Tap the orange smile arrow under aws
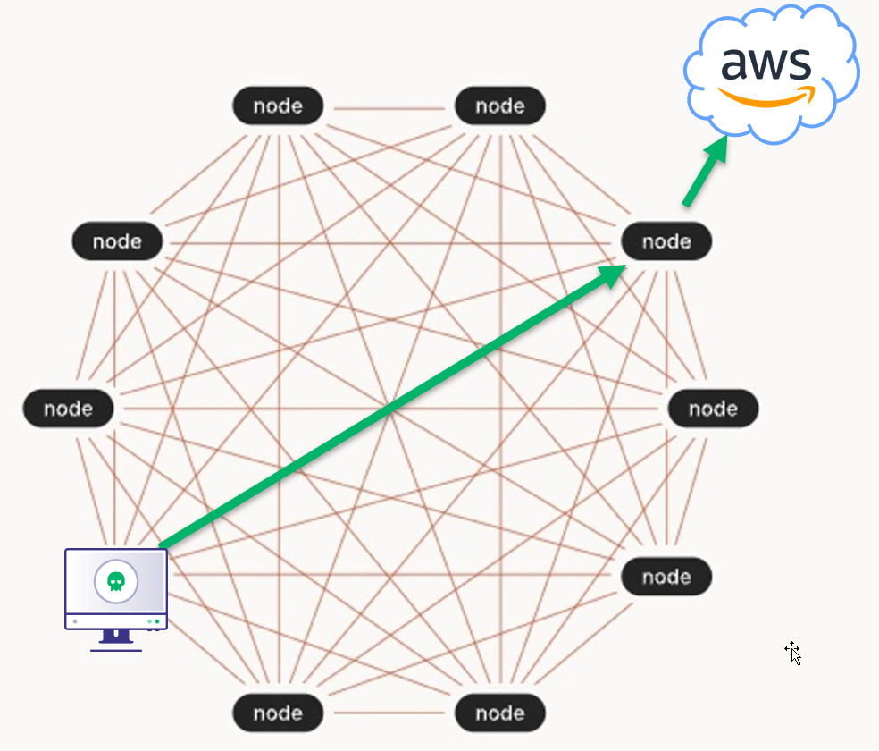(766, 97)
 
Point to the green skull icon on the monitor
(116, 581)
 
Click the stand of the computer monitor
(116, 637)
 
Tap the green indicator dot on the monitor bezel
(157, 620)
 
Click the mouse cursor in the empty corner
(792, 653)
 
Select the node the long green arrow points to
(666, 241)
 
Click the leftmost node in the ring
(69, 409)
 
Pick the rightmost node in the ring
(713, 409)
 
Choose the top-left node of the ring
(278, 106)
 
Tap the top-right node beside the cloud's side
(499, 106)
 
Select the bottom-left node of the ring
(278, 713)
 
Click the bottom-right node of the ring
(499, 713)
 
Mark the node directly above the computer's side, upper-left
(118, 241)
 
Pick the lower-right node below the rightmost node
(666, 577)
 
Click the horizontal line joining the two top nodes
(389, 109)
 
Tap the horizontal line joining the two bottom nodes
(389, 713)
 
